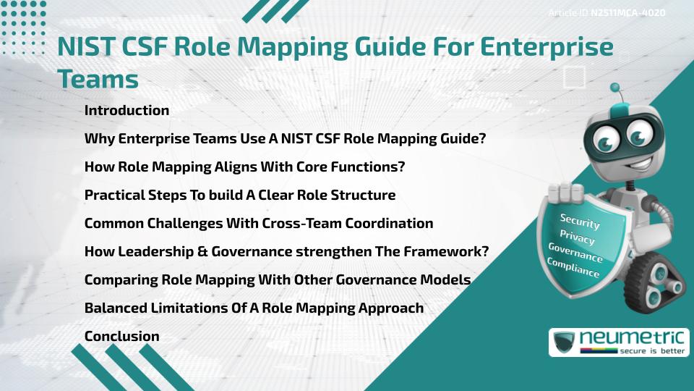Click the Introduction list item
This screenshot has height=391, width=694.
127,111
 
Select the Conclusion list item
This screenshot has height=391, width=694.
121,336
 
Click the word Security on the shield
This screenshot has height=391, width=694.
579,222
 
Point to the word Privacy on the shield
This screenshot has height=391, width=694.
577,237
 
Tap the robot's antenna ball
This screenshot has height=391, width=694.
616,88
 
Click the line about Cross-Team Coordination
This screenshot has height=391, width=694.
259,223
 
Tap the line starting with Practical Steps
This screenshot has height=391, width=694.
240,195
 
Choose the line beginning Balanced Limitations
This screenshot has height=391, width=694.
254,308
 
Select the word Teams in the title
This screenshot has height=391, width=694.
98,78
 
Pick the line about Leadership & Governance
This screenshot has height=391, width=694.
287,251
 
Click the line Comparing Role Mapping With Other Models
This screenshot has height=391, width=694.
278,279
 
